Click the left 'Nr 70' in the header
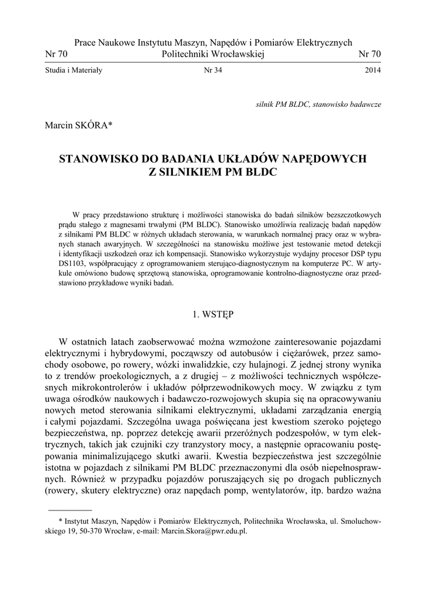click(56, 54)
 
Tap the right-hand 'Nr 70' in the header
click(369, 54)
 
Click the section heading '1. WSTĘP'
click(213, 314)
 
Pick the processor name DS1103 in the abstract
click(74, 264)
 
